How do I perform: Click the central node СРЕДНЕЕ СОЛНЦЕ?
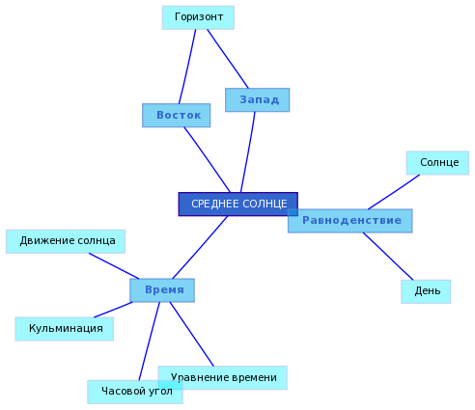[x=238, y=205]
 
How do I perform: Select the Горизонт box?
[x=198, y=17]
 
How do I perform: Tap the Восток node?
[x=177, y=116]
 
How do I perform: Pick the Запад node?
[x=258, y=100]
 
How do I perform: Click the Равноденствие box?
[x=350, y=221]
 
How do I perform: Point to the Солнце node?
[x=437, y=163]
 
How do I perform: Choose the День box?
[x=426, y=291]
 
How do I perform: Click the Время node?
[x=162, y=290]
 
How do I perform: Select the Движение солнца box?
[x=66, y=241]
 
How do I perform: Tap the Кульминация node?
[x=65, y=329]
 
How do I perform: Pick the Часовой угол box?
[x=135, y=392]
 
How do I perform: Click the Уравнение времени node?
[x=223, y=378]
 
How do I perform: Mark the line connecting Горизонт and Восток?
[x=187, y=67]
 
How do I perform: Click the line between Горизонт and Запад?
[x=228, y=59]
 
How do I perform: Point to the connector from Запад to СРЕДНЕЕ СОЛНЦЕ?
[x=248, y=152]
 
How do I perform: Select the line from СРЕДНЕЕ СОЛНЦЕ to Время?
[x=200, y=247]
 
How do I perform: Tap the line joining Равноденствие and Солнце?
[x=394, y=192]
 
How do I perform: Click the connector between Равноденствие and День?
[x=388, y=257]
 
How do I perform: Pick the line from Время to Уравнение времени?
[x=192, y=334]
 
